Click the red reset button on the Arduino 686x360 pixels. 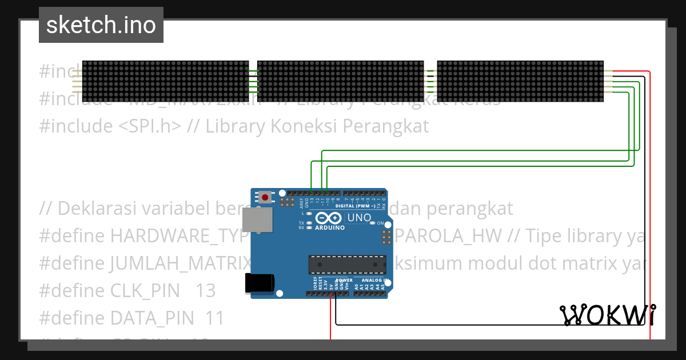click(265, 198)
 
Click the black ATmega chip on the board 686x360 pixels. click(347, 265)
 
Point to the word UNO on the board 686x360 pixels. click(360, 218)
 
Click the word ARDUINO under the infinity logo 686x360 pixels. click(330, 227)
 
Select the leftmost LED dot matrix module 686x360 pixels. click(166, 81)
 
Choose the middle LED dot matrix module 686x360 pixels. click(341, 81)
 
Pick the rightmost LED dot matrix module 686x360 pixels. click(520, 81)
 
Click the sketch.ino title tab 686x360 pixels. click(101, 25)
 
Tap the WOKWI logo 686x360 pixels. click(608, 315)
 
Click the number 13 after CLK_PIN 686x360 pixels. click(205, 291)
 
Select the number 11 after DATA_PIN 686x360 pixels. click(214, 318)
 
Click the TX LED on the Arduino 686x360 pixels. click(309, 223)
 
